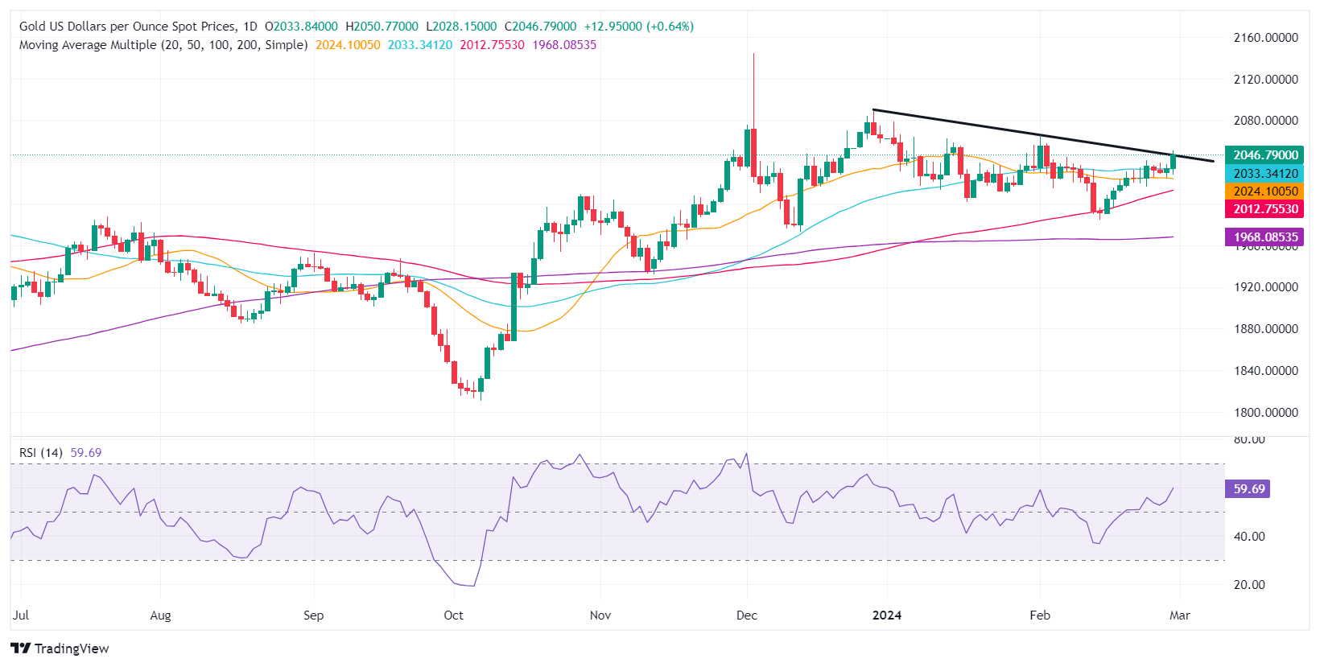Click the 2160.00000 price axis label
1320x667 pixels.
click(1265, 38)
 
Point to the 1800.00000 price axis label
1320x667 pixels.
click(1265, 412)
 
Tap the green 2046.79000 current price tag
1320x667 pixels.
click(1264, 155)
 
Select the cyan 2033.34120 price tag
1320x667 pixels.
click(1264, 174)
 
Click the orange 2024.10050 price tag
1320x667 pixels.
click(1264, 191)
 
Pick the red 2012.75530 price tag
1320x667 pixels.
click(1264, 209)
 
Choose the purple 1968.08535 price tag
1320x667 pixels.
click(1264, 237)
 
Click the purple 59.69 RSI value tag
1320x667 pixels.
click(1248, 489)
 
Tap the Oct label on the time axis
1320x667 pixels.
click(453, 616)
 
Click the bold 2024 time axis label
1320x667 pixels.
click(887, 616)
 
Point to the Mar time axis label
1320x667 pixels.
click(1179, 616)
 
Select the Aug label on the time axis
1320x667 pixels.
click(160, 616)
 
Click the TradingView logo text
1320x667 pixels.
click(71, 648)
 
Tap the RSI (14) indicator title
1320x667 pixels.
click(41, 453)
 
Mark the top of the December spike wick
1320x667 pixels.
click(753, 54)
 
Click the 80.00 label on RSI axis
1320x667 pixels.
click(1249, 439)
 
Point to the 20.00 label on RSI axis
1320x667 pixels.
click(1249, 585)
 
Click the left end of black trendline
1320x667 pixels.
click(873, 109)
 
